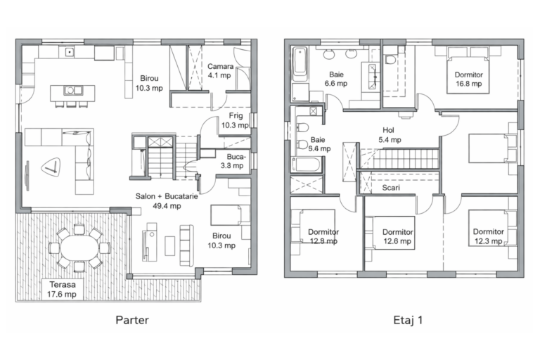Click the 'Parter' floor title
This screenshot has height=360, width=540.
tap(132, 320)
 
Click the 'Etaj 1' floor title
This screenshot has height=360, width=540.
tap(408, 320)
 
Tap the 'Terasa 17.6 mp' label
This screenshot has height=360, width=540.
tap(62, 290)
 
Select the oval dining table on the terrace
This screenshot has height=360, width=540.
tap(79, 247)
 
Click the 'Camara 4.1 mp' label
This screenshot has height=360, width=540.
tap(220, 71)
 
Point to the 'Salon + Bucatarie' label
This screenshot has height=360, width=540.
tap(167, 196)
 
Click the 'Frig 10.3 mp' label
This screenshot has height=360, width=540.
tap(236, 120)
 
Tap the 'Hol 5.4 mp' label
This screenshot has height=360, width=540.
tap(390, 135)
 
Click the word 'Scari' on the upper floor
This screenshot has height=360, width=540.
tap(391, 188)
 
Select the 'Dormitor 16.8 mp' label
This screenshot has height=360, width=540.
tap(469, 79)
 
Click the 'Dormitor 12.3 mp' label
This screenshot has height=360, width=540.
tap(489, 236)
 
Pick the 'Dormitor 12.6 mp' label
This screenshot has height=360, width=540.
tap(398, 237)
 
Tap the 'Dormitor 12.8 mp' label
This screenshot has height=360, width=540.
tap(323, 236)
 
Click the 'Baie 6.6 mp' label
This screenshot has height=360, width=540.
tap(336, 79)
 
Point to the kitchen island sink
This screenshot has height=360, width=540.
tap(73, 91)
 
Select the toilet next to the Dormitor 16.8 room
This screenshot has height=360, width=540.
tap(390, 59)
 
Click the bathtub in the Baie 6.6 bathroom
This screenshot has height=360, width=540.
tap(300, 64)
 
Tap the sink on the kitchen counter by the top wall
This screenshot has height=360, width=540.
tap(70, 52)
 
